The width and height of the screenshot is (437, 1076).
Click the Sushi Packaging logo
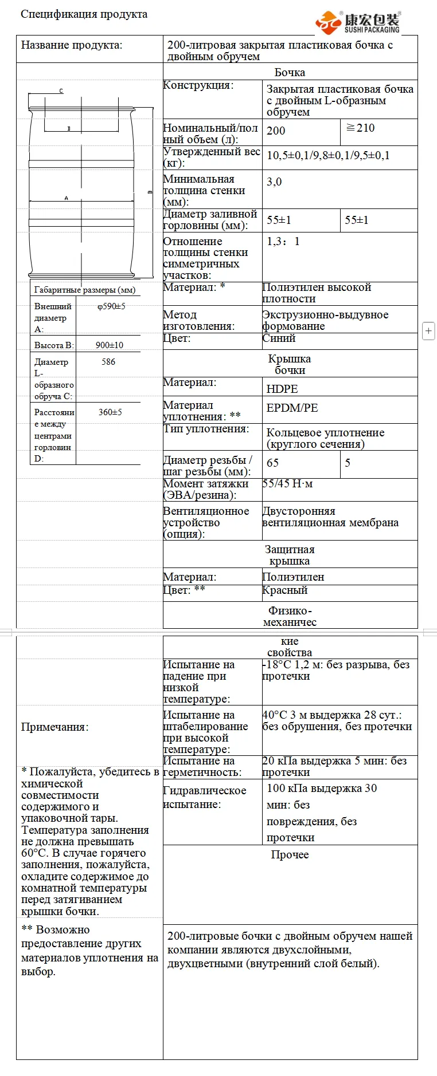click(358, 22)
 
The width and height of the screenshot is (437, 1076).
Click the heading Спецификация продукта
click(84, 14)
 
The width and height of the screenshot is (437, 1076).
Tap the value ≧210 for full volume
click(360, 128)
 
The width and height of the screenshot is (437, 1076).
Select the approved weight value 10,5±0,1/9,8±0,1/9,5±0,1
click(328, 155)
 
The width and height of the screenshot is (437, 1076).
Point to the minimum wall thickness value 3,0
click(274, 182)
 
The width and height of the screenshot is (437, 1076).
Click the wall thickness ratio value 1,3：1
click(283, 241)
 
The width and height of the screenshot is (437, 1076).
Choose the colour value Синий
click(279, 338)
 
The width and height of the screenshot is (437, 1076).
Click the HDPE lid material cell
click(282, 388)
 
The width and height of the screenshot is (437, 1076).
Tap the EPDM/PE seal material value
click(292, 408)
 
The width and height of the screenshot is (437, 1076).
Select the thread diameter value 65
click(272, 463)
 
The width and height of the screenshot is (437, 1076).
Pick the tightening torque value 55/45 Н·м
click(287, 483)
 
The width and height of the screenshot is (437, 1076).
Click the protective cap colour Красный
click(285, 590)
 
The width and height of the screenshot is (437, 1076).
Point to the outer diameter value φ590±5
click(111, 306)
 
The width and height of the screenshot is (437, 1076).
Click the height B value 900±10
click(110, 345)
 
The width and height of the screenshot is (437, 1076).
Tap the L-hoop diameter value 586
click(108, 362)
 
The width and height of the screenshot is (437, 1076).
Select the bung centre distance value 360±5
click(110, 412)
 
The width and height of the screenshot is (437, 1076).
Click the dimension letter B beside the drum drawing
click(150, 192)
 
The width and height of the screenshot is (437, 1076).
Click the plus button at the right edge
click(428, 331)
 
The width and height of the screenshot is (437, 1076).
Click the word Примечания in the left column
click(54, 727)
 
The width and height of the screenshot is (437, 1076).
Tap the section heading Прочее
click(290, 854)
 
